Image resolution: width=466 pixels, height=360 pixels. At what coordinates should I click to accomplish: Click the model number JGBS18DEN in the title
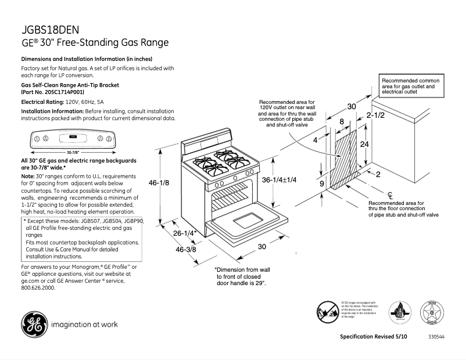50,30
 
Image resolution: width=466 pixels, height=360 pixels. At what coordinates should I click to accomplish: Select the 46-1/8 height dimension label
159,183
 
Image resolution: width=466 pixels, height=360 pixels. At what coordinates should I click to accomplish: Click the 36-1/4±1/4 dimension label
279,180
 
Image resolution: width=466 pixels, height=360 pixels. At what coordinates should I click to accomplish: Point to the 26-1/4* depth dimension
185,233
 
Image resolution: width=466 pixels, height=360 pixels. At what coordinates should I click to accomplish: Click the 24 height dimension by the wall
364,144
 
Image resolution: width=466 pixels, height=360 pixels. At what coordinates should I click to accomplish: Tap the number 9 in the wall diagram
321,184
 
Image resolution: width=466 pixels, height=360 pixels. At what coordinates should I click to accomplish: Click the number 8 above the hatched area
341,121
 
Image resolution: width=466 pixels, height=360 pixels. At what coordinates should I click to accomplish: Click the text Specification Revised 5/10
373,337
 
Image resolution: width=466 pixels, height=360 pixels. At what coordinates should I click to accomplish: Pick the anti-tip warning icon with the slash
328,311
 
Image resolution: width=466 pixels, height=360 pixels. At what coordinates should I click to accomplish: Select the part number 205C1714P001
61,92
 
